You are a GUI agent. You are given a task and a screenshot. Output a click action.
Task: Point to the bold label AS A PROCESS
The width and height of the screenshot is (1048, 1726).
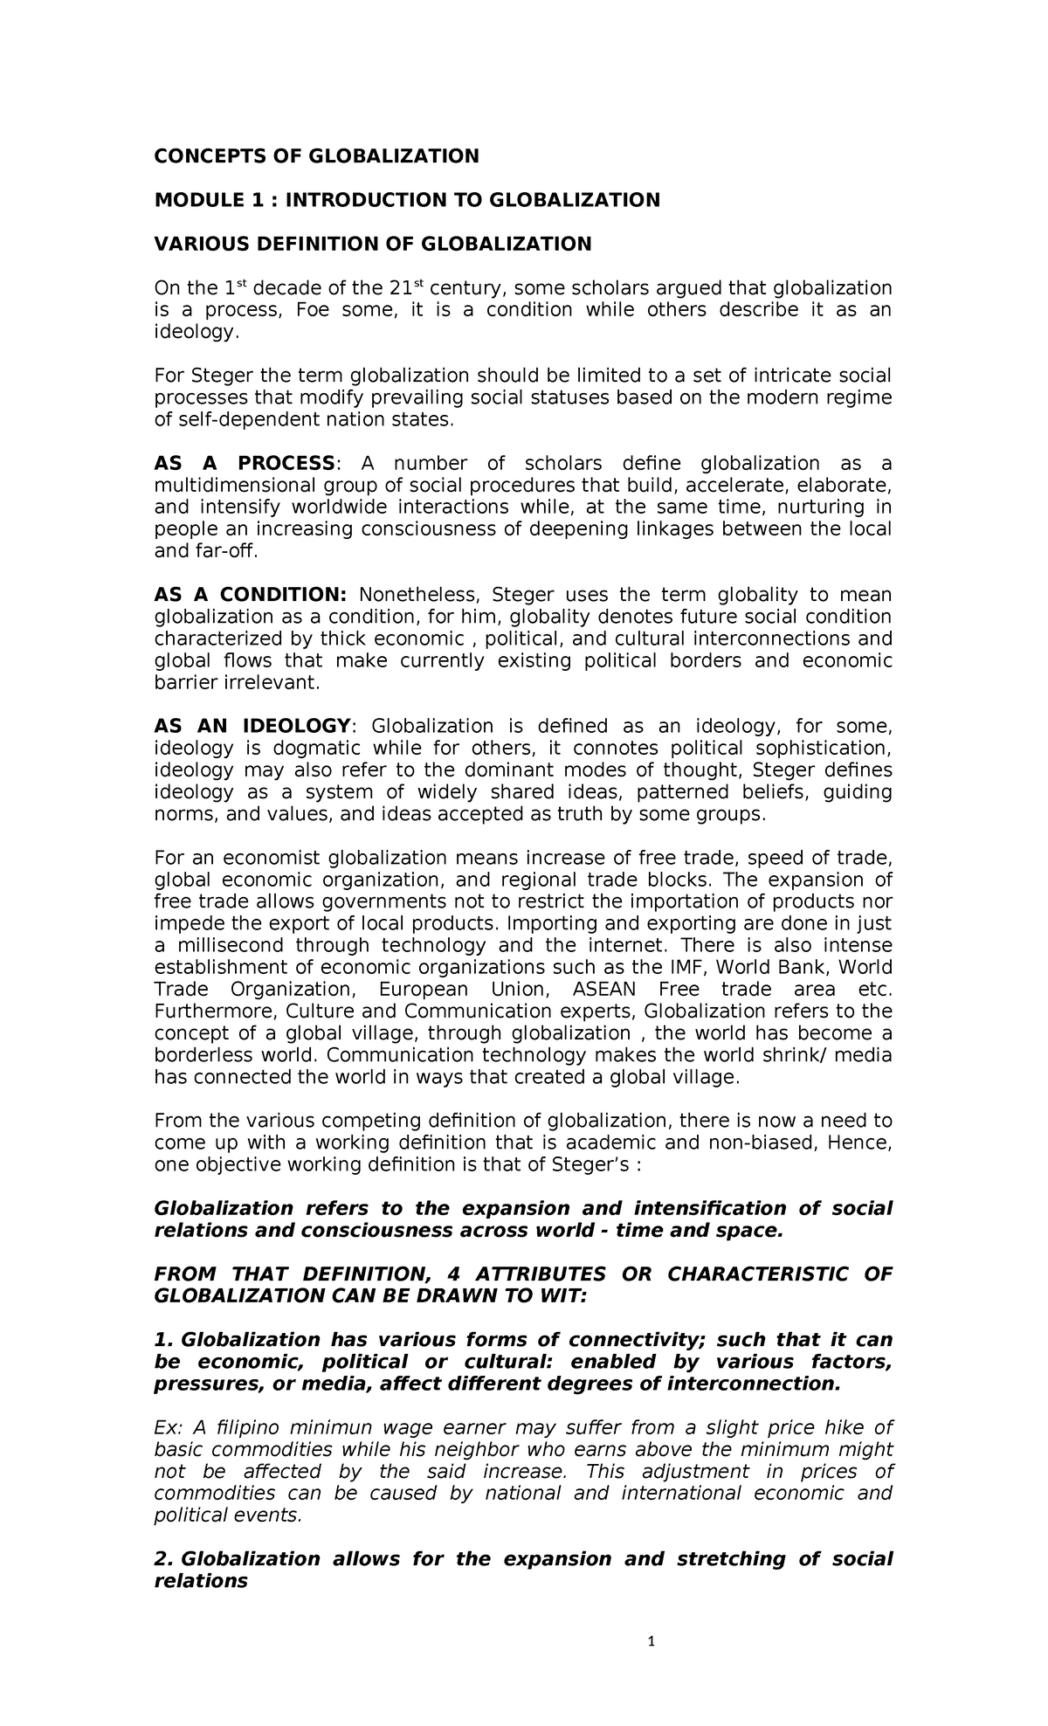pos(244,463)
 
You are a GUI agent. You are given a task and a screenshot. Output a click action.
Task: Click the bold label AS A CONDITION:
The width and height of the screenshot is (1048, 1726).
pos(250,595)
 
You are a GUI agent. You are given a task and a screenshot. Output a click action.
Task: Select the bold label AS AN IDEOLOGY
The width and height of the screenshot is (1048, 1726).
pos(252,726)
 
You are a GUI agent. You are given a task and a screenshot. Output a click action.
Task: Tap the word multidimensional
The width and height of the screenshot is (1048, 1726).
pos(222,486)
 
